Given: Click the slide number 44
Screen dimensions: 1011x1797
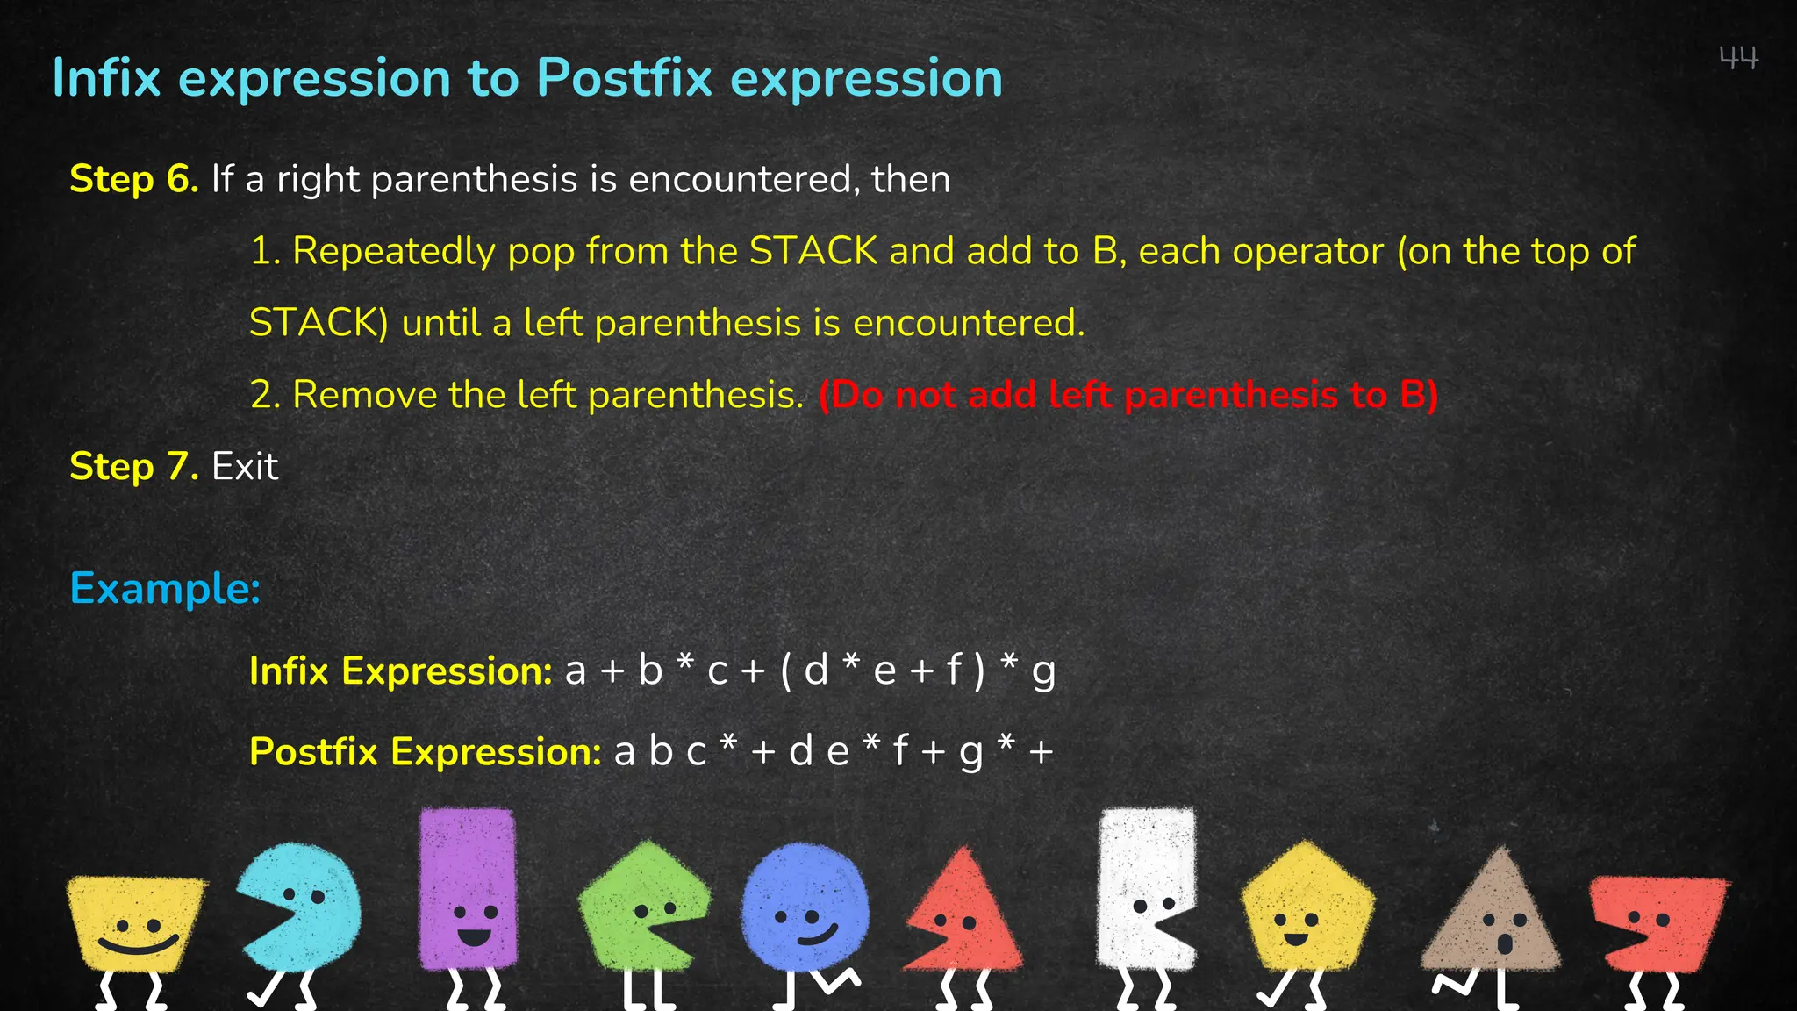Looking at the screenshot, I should click(x=1738, y=59).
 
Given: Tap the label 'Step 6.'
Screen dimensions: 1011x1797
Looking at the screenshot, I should click(x=133, y=179).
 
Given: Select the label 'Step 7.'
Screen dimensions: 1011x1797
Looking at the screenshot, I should click(x=133, y=466).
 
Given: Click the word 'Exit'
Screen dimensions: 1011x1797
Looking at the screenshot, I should click(x=245, y=466).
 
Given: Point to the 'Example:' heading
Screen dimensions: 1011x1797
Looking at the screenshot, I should click(x=165, y=588).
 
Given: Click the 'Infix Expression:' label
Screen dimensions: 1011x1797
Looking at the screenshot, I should click(x=400, y=671).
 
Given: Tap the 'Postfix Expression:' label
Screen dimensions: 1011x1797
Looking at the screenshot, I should click(x=425, y=752).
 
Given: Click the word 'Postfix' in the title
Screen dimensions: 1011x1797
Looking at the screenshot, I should click(x=624, y=78).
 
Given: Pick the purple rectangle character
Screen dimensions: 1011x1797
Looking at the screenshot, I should click(x=468, y=891).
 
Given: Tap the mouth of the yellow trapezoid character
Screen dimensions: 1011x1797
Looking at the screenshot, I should click(x=138, y=946).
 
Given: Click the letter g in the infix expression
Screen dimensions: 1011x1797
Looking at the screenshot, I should click(x=1043, y=671).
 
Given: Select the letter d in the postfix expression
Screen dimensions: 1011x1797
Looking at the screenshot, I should click(x=800, y=752).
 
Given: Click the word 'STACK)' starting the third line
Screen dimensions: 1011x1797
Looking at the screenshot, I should click(x=319, y=323).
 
